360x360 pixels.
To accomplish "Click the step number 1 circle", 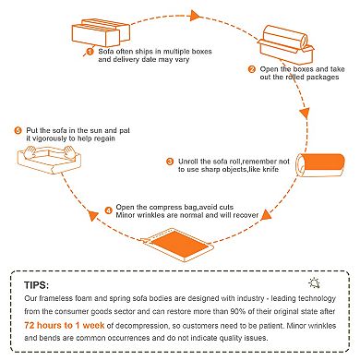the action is click(x=90, y=52).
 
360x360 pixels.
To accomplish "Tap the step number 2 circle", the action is click(x=252, y=69).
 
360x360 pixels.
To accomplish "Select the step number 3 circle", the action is click(x=170, y=162).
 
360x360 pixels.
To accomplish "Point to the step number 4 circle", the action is click(x=108, y=210).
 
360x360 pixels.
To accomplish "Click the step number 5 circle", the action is click(x=18, y=131).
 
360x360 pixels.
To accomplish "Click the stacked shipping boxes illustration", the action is click(x=101, y=32).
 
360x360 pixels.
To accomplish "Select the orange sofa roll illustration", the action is click(x=320, y=165).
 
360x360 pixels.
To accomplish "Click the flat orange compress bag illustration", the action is click(x=177, y=245).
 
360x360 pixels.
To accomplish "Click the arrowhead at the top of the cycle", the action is click(x=195, y=16).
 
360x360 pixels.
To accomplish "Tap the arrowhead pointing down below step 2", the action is click(x=305, y=114).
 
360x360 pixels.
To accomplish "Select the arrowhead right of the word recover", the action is click(x=266, y=215).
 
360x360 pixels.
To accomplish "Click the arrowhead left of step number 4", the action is click(x=92, y=216).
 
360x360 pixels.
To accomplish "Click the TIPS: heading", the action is click(x=37, y=285).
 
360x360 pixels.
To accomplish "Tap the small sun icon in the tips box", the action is click(x=314, y=282).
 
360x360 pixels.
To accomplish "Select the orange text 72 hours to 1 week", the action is click(x=65, y=325).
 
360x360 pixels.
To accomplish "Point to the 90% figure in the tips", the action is click(x=238, y=311).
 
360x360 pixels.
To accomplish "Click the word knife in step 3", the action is click(x=270, y=169).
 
